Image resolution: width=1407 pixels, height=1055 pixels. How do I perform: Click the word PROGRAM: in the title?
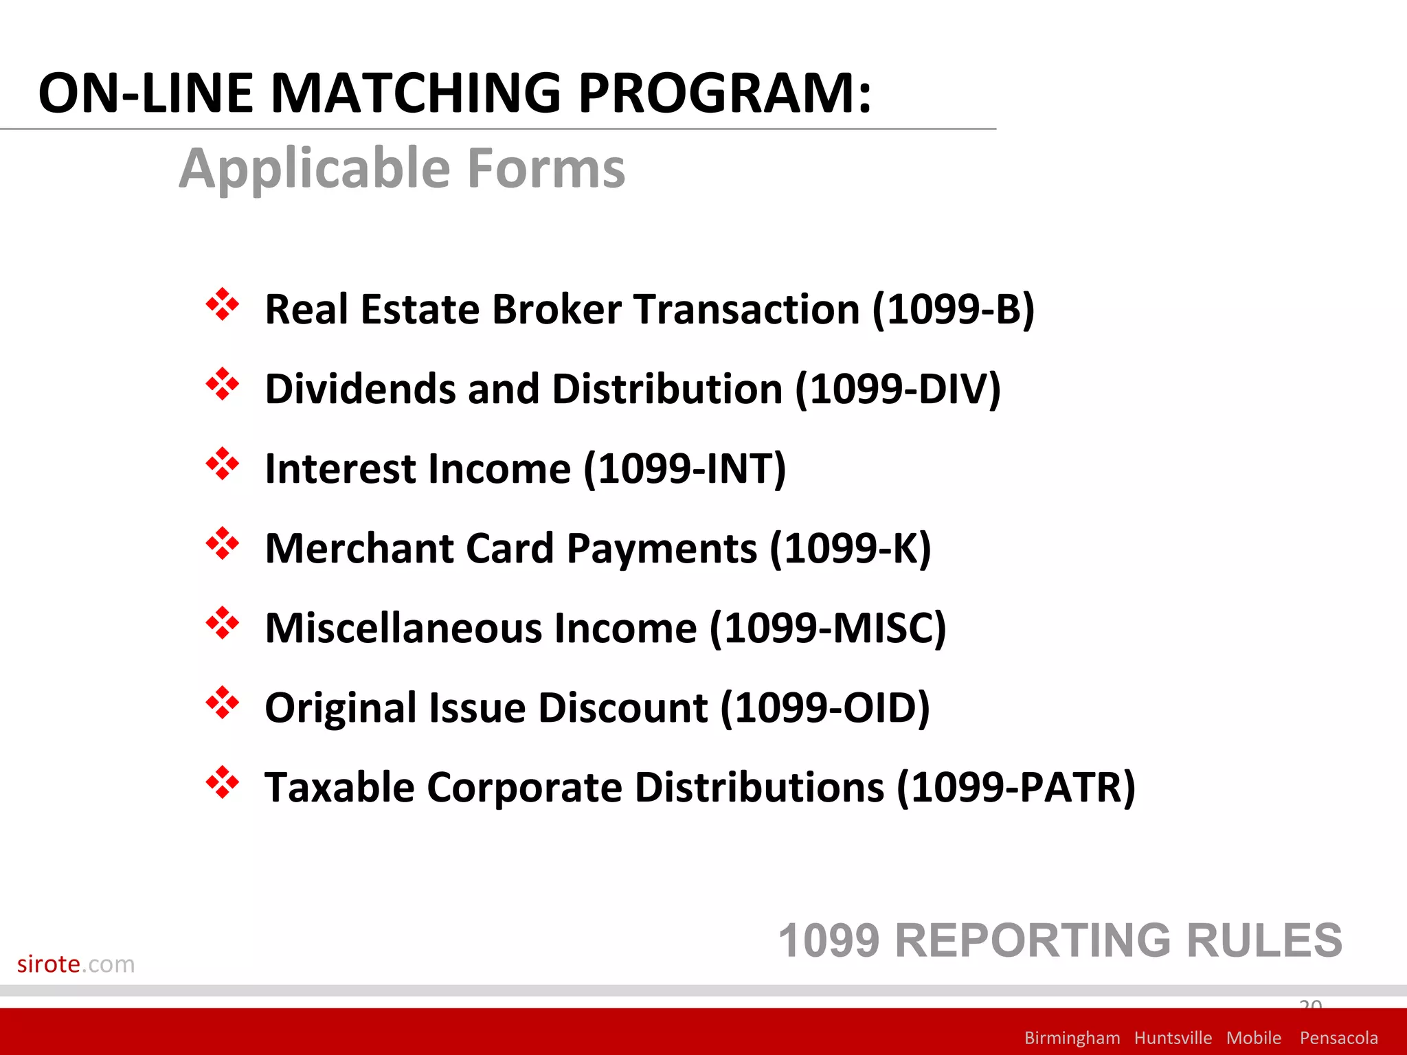pos(725,93)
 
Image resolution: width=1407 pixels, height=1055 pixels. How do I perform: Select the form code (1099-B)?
pos(953,309)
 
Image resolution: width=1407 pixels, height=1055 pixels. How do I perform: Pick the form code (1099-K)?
pos(850,549)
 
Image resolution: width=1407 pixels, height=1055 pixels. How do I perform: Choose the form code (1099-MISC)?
pos(827,628)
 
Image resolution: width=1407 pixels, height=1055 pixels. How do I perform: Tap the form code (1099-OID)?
pos(824,708)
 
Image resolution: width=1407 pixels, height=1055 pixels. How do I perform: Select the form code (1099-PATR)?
pos(1015,788)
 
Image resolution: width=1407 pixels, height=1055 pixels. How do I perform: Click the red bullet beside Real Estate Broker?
pos(223,305)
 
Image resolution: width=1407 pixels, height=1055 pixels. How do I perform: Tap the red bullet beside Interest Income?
pos(223,464)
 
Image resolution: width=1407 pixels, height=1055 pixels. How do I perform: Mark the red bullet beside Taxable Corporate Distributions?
pos(223,783)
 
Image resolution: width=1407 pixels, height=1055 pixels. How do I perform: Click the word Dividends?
pos(359,389)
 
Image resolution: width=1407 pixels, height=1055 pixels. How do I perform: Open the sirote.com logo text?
pos(76,964)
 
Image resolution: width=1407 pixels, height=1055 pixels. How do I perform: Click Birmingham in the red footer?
pos(1072,1038)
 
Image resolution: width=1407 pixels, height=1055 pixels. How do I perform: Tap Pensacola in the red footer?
pos(1338,1038)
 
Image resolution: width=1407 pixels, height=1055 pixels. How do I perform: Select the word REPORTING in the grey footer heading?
pos(1033,941)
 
